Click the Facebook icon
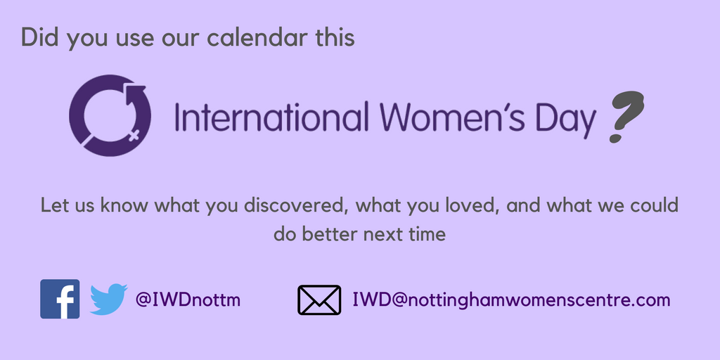point(60,299)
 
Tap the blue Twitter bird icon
point(108,300)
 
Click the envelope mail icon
point(319,300)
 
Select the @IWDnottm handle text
point(188,300)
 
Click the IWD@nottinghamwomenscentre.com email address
point(511,300)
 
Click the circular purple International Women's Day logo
point(105,115)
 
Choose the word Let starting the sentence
point(53,206)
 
